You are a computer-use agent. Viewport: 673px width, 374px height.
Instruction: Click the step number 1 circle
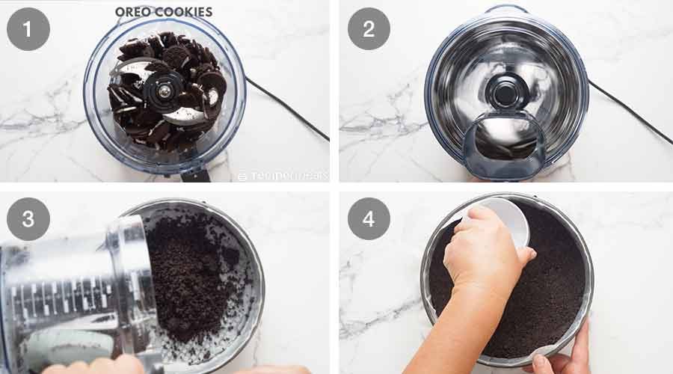[28, 29]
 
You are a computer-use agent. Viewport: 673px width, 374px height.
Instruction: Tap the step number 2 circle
[369, 29]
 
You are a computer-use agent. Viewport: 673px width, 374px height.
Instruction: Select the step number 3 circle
[28, 219]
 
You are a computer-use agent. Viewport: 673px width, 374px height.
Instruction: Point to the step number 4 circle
[369, 219]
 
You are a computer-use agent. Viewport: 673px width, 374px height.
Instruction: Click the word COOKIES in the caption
[185, 12]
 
